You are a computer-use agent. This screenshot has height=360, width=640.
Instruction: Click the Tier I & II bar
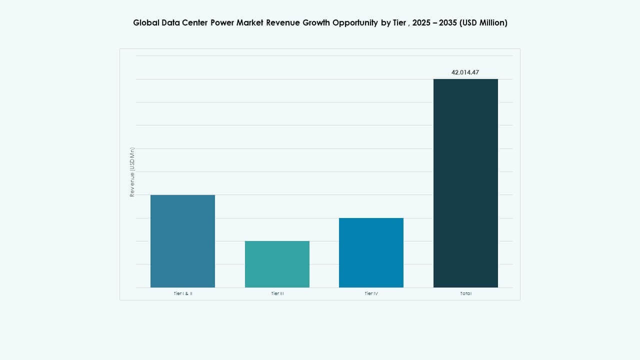pyautogui.click(x=182, y=241)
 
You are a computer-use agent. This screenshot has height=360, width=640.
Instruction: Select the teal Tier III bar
pyautogui.click(x=277, y=264)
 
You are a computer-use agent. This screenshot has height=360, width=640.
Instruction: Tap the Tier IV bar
pyautogui.click(x=371, y=252)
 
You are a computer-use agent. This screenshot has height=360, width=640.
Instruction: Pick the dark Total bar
pyautogui.click(x=465, y=183)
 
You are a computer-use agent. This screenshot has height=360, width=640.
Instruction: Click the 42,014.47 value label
pyautogui.click(x=465, y=72)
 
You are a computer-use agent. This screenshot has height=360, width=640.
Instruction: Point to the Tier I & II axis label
pyautogui.click(x=182, y=293)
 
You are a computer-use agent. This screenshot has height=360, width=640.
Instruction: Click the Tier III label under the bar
pyautogui.click(x=277, y=293)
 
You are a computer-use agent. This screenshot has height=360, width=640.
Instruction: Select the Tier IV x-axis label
pyautogui.click(x=371, y=293)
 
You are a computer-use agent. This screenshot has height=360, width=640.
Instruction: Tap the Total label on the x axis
pyautogui.click(x=465, y=293)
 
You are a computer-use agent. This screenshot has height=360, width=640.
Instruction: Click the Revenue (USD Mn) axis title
pyautogui.click(x=132, y=172)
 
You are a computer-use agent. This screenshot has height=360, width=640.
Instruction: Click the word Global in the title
pyautogui.click(x=145, y=23)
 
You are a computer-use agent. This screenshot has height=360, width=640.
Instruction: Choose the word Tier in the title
pyautogui.click(x=399, y=23)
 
